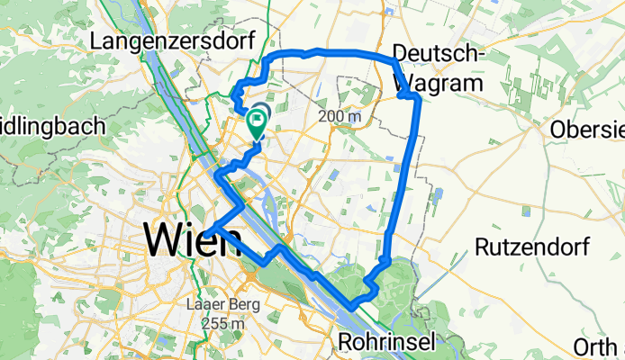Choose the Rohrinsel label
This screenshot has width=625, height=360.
click(386, 341)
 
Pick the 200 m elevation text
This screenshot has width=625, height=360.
click(339, 116)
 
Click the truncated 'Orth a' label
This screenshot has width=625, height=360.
click(600, 345)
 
